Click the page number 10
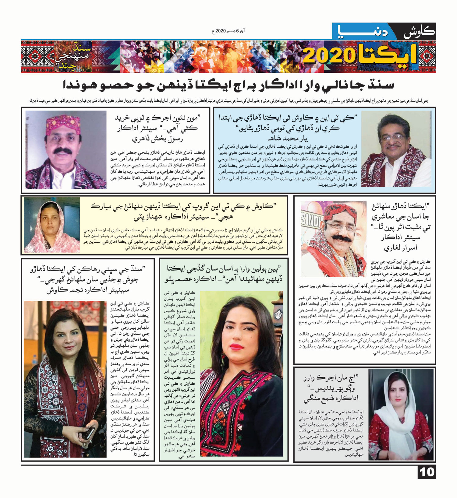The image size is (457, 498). [427, 472]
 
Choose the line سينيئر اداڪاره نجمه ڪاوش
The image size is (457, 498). [88, 290]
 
